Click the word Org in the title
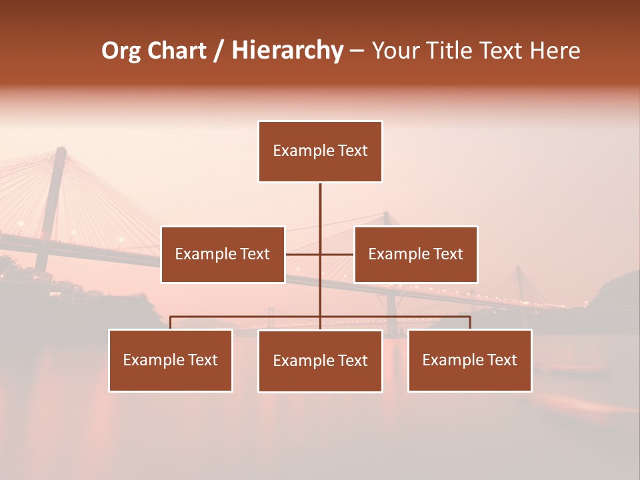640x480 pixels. pyautogui.click(x=121, y=51)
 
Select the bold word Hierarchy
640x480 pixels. pyautogui.click(x=287, y=51)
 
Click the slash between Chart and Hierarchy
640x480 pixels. pyautogui.click(x=219, y=51)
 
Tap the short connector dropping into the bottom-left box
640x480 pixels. pyautogui.click(x=171, y=323)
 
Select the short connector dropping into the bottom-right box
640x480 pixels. pyautogui.click(x=470, y=323)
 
